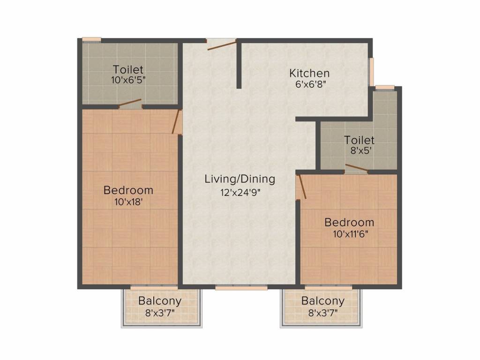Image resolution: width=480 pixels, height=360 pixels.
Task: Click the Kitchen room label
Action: point(309,73)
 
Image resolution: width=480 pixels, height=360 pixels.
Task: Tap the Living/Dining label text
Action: point(240,179)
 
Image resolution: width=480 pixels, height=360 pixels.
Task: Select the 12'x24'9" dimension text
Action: point(240,192)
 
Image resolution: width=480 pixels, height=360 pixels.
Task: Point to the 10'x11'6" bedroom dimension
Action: point(349,234)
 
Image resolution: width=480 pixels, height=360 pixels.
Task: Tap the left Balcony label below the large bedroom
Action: point(160,301)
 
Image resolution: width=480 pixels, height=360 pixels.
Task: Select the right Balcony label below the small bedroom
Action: point(322,301)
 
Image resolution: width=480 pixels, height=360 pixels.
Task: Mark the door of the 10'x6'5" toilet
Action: point(130,103)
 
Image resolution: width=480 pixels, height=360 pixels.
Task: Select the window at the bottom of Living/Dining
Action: point(241,287)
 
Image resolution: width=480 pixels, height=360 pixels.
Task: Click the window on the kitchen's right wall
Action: point(371,72)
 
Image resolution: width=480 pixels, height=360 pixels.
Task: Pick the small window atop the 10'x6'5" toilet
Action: point(91,40)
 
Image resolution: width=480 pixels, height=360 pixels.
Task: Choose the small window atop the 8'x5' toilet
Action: point(385,87)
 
